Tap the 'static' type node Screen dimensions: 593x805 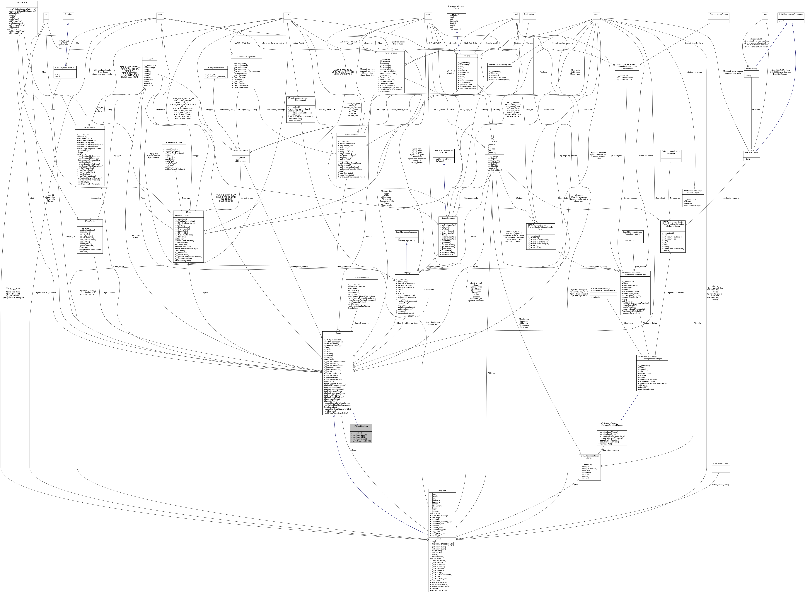pyautogui.click(x=160, y=14)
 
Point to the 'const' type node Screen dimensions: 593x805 pyautogui.click(x=287, y=14)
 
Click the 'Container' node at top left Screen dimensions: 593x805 pyautogui.click(x=68, y=14)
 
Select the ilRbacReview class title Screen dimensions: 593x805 pyautogui.click(x=90, y=127)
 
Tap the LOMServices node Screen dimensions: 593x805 pyautogui.click(x=429, y=289)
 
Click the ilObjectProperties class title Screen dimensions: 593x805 pyautogui.click(x=361, y=277)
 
